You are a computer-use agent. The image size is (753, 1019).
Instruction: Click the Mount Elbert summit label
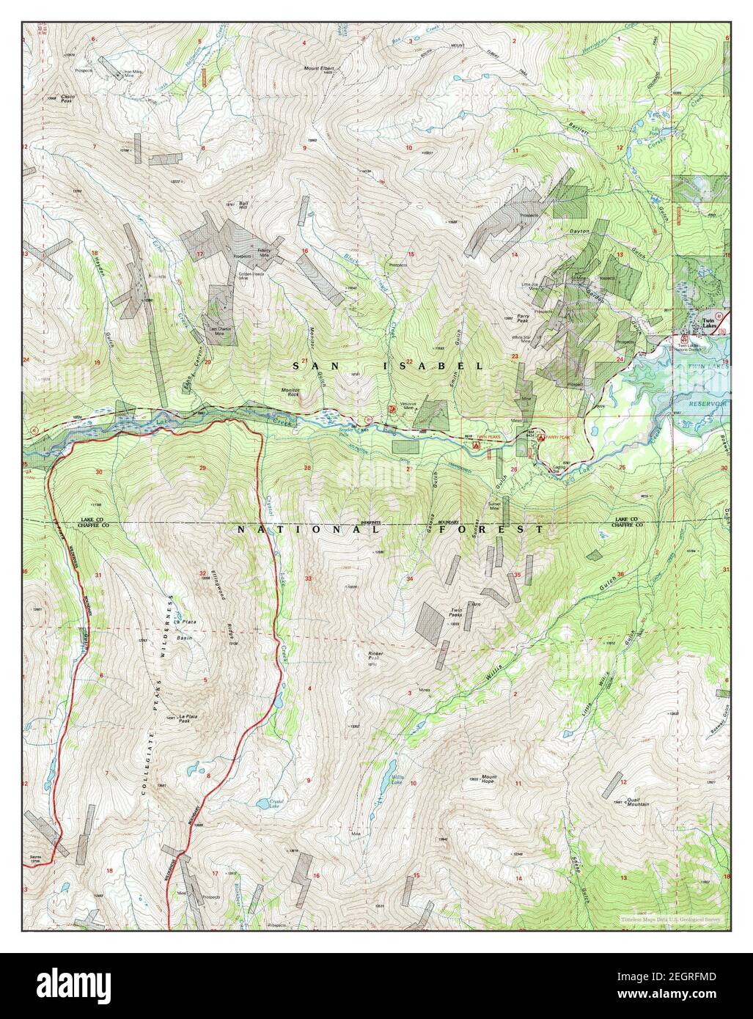[318, 68]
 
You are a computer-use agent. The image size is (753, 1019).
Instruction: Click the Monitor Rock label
[291, 392]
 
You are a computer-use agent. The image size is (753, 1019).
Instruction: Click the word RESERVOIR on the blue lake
[706, 404]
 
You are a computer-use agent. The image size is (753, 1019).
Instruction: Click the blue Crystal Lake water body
[261, 804]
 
